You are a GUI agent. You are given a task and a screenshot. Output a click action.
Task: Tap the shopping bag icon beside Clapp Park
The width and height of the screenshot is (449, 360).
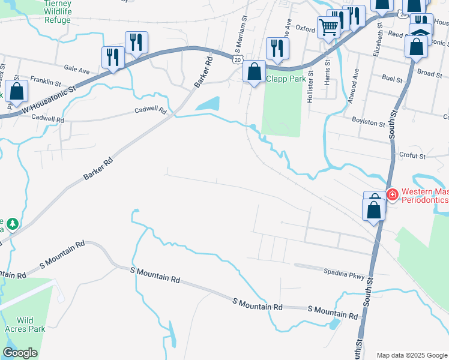(255, 72)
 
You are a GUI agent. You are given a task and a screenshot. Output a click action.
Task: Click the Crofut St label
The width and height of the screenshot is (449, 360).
(412, 155)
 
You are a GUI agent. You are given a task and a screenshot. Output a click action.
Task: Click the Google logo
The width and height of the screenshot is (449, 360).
(20, 353)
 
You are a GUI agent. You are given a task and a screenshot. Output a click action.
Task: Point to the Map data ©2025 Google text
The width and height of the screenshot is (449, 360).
(411, 355)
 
